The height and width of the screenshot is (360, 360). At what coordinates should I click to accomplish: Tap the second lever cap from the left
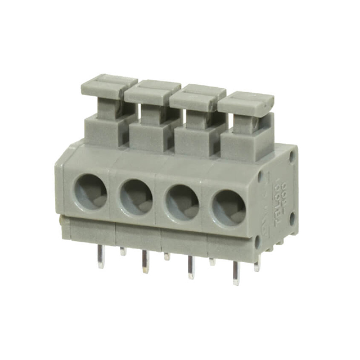click(x=152, y=92)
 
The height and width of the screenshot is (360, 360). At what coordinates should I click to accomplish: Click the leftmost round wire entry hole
click(x=91, y=191)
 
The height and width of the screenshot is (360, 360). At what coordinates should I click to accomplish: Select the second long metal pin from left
click(x=145, y=262)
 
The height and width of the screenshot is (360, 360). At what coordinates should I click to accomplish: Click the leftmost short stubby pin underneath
click(x=123, y=251)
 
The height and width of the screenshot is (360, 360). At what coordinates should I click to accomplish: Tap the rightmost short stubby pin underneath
click(x=256, y=265)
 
